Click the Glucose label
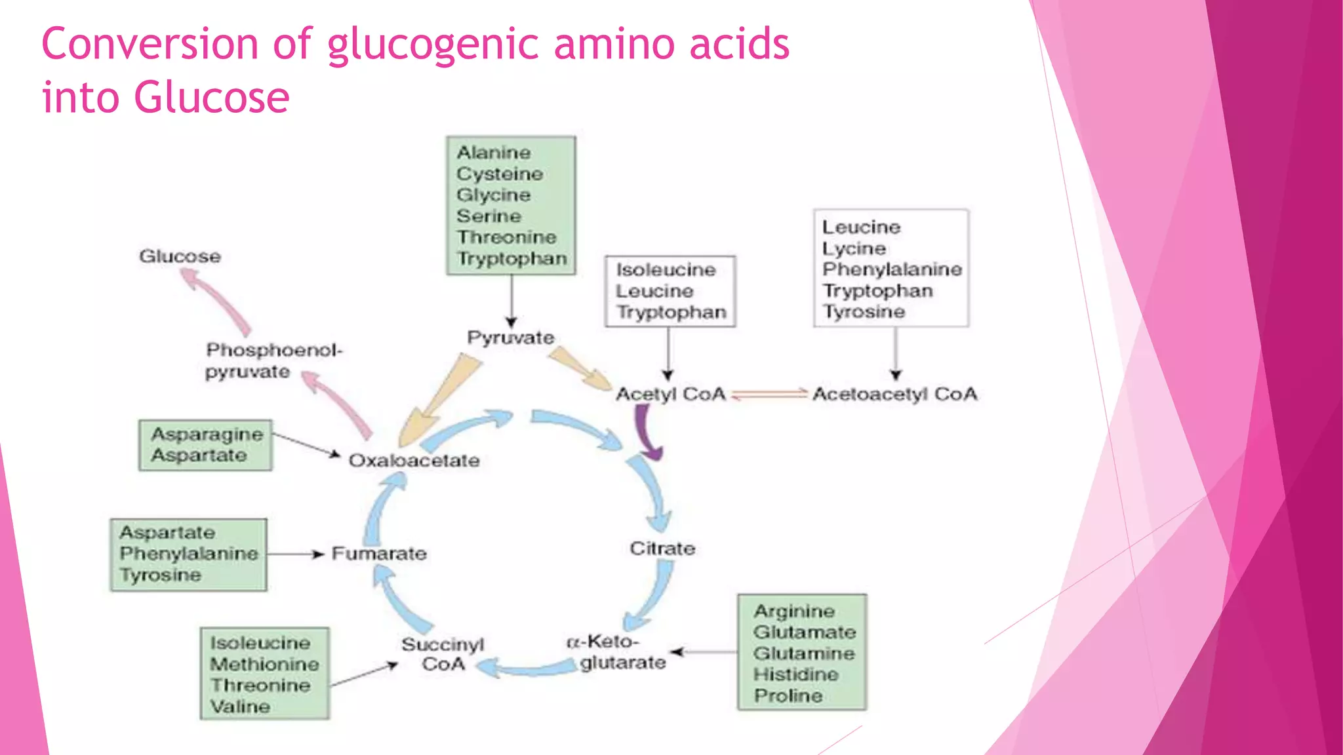click(180, 256)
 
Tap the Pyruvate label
click(510, 338)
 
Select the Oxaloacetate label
click(414, 460)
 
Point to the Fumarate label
click(379, 553)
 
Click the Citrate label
click(662, 548)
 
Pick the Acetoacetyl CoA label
click(894, 394)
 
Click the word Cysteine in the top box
click(500, 174)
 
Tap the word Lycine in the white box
click(854, 248)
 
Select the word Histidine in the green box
click(795, 674)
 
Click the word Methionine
click(264, 664)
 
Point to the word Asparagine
click(207, 434)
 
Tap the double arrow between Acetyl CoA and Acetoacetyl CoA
click(769, 394)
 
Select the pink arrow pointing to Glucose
click(216, 302)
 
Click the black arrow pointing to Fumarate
click(295, 554)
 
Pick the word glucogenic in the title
click(432, 44)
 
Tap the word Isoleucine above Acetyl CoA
click(666, 269)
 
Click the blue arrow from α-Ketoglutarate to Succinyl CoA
click(528, 669)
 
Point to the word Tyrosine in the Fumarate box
click(160, 575)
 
